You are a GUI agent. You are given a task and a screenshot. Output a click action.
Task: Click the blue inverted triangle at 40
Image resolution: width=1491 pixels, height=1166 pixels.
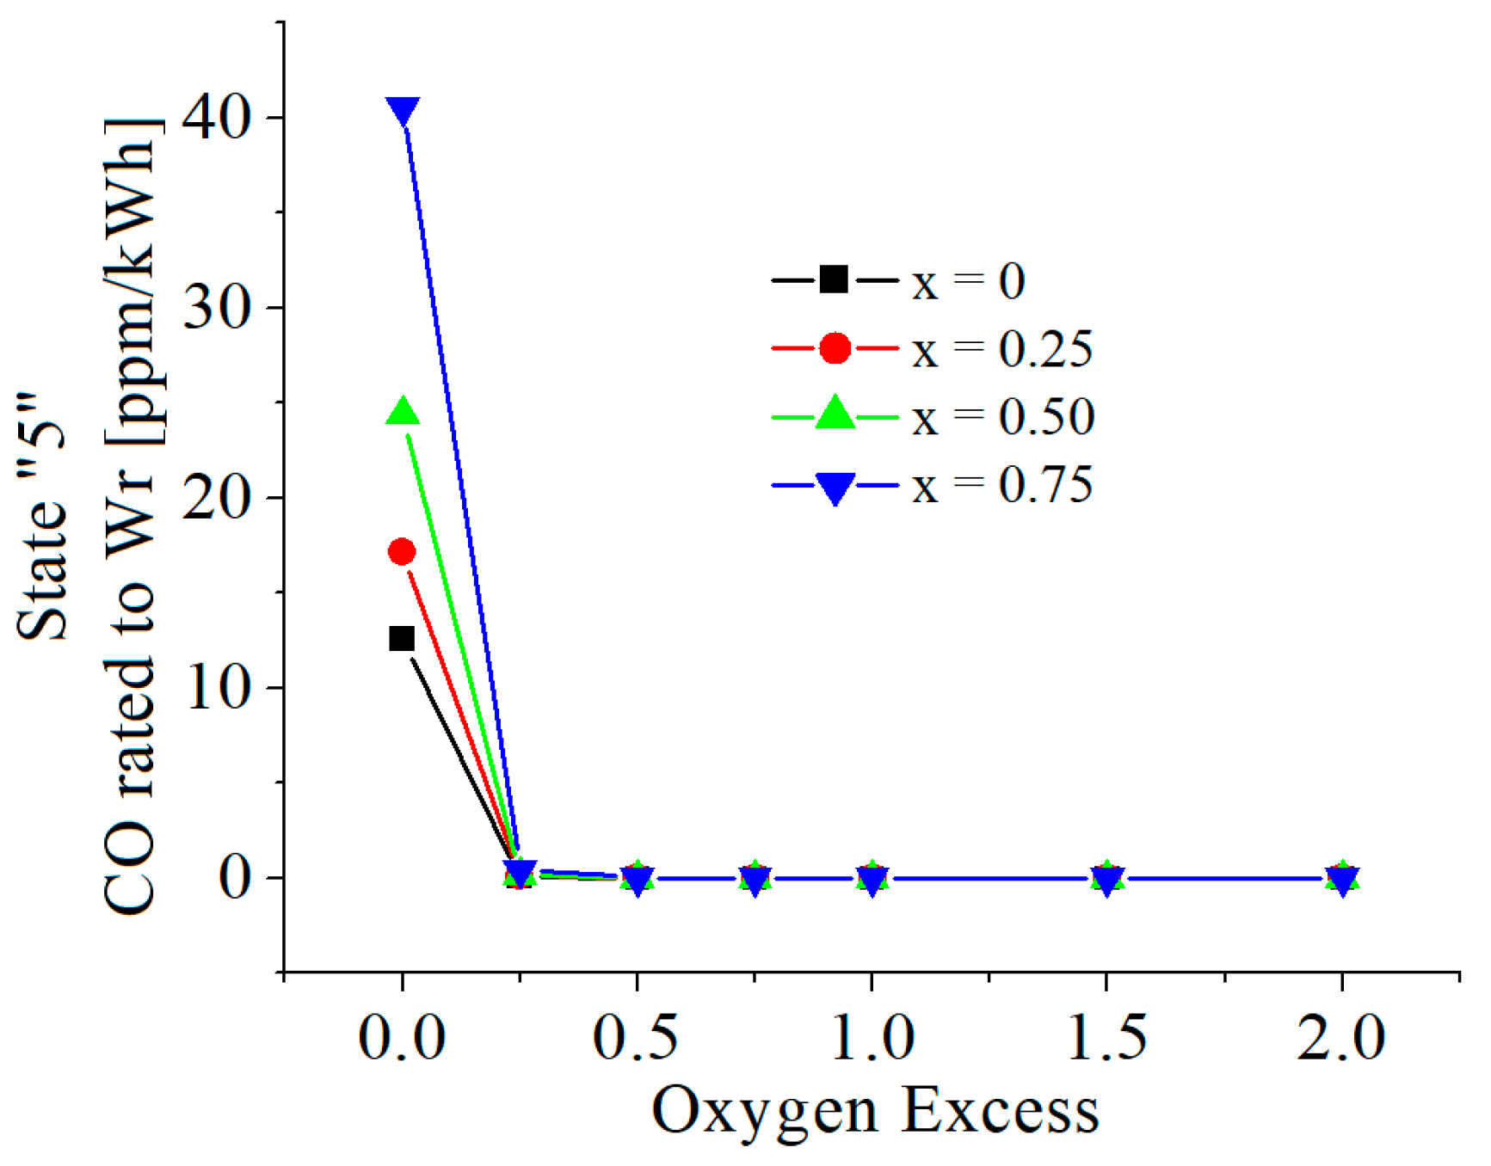point(403,111)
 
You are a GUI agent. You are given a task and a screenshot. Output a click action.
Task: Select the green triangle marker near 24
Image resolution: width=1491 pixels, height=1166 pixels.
point(403,413)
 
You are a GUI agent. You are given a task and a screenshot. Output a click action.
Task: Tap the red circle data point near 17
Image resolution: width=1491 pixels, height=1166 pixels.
point(402,552)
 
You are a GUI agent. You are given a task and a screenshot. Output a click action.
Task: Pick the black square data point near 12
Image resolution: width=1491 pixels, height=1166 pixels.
point(402,639)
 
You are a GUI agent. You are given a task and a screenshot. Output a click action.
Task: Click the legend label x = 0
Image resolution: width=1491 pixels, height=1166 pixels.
point(969,282)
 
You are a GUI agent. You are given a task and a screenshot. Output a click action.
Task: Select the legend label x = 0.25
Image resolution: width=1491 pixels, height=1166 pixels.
point(1002,350)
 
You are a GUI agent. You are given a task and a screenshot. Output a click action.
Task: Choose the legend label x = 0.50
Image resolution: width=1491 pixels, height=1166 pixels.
point(1003,418)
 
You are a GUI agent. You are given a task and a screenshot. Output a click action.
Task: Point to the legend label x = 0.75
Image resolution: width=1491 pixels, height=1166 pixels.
point(1002,486)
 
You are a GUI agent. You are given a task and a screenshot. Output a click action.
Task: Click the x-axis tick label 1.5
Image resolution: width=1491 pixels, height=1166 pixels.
point(1106,1037)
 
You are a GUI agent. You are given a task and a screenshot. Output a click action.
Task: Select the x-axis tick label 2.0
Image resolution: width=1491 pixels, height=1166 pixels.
point(1341,1037)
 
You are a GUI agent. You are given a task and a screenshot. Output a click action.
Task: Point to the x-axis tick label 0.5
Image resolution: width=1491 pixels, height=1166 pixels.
point(636,1037)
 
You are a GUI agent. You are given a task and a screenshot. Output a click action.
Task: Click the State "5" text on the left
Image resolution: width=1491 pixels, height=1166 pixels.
point(43,516)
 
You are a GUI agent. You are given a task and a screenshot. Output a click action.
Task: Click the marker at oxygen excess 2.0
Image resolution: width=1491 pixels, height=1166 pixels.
point(1342,879)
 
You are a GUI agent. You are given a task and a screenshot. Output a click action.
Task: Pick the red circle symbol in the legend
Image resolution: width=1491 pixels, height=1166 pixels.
point(835,348)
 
